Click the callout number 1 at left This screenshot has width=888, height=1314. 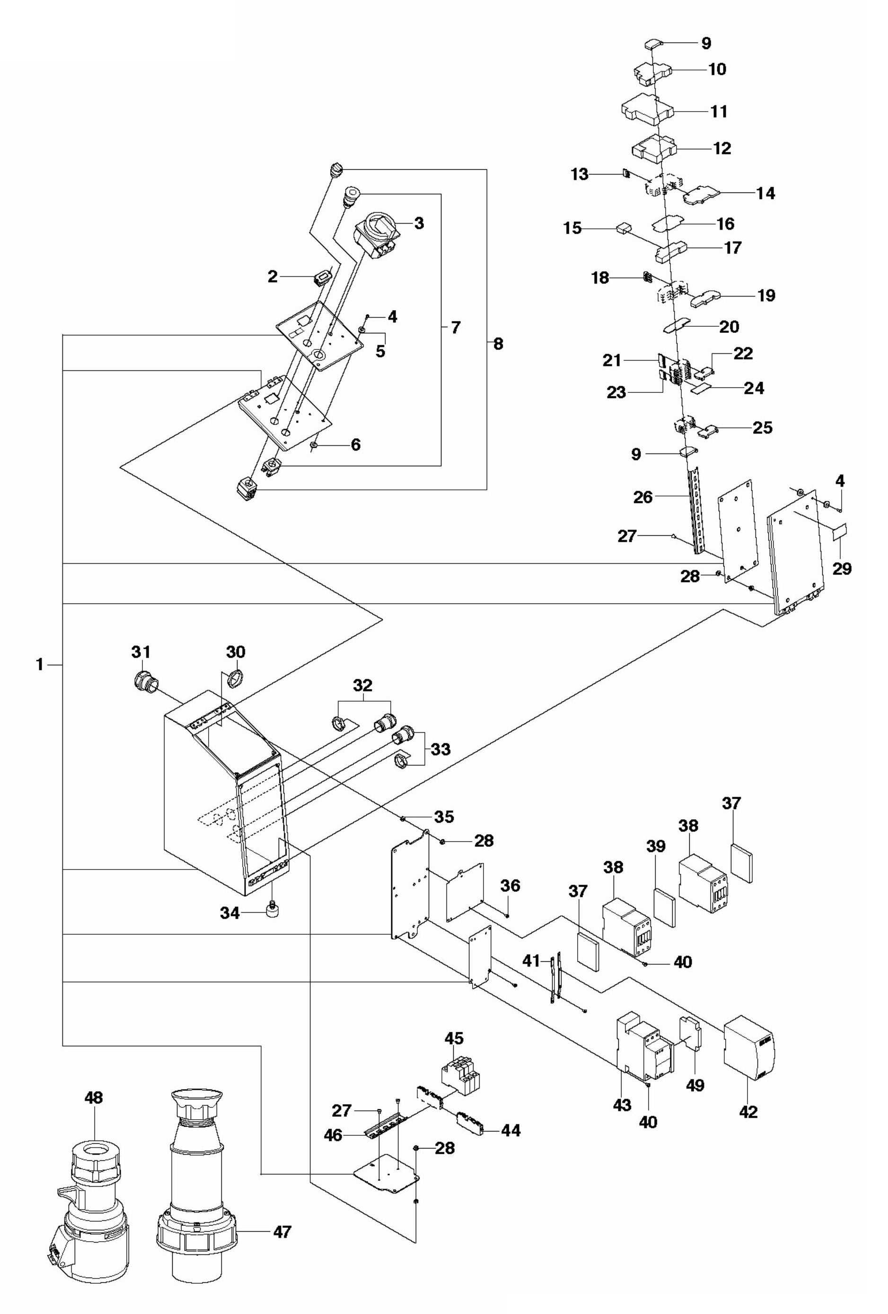click(x=40, y=665)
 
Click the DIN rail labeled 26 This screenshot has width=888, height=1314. click(x=696, y=509)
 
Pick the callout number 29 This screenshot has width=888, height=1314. click(x=842, y=568)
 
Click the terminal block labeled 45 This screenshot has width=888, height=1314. click(x=460, y=1074)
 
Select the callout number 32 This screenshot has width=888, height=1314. click(x=362, y=685)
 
